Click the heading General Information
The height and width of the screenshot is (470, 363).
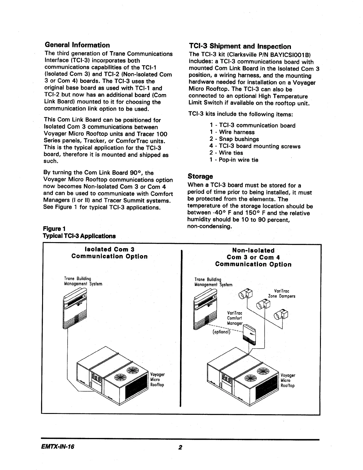77,45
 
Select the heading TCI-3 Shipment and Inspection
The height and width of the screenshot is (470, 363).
240,47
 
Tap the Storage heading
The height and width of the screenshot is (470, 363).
200,176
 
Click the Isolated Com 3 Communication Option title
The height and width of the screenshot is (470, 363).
109,253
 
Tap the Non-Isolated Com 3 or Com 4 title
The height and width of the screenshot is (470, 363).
253,257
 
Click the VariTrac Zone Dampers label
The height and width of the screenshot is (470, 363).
281,294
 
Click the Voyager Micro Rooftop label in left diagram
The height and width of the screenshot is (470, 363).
157,380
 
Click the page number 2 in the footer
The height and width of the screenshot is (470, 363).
180,447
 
